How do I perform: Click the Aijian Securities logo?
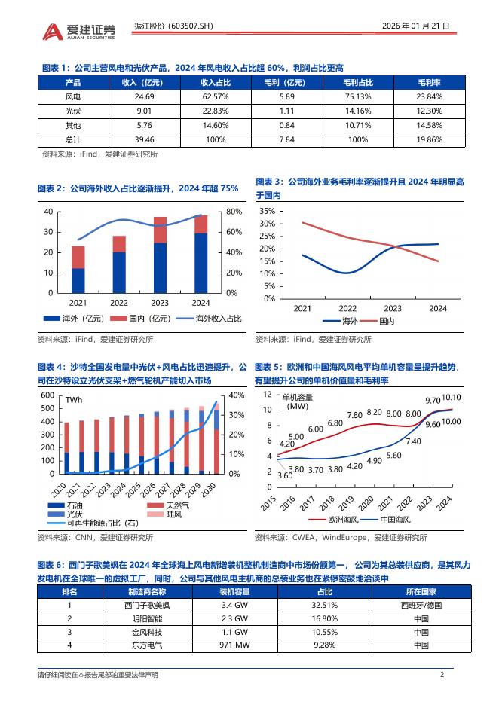[80, 31]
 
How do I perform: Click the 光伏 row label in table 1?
[74, 111]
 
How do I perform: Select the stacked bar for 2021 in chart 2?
[78, 269]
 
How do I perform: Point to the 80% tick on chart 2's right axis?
[233, 212]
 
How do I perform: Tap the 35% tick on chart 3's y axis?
[267, 212]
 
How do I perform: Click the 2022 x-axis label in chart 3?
[347, 308]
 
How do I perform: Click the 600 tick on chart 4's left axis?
[47, 395]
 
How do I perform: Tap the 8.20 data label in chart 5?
[374, 412]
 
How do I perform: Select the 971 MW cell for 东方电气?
[235, 645]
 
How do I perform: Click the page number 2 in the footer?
[442, 675]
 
